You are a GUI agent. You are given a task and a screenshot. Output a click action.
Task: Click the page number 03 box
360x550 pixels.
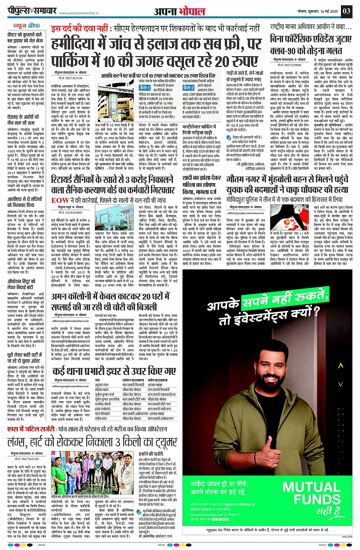click(x=346, y=11)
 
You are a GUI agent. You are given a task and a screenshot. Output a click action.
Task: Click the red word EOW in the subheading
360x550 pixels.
click(x=60, y=200)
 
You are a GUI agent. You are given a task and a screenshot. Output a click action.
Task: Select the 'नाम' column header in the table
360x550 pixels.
click(x=98, y=380)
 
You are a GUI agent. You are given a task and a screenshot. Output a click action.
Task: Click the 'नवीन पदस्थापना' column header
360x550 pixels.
click(x=158, y=380)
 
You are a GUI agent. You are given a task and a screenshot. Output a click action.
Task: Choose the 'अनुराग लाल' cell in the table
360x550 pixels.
click(x=102, y=385)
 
